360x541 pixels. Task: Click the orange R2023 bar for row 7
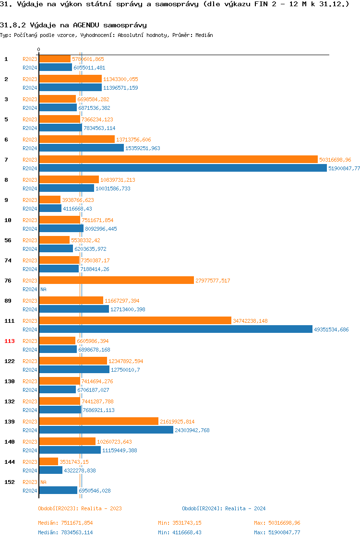[x=178, y=159]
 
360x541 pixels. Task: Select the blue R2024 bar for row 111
[x=176, y=329]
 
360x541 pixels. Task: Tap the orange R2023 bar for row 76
[x=116, y=280]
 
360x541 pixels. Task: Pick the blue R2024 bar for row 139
[x=106, y=430]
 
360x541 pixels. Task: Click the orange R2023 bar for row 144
[x=48, y=461]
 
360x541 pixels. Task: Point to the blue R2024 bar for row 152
[x=58, y=490]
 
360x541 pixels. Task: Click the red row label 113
[x=9, y=341]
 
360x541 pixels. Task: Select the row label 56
[x=8, y=240]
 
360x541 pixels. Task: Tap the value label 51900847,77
[x=344, y=168]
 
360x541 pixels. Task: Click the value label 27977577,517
[x=213, y=281]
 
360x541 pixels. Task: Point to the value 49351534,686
[x=331, y=329]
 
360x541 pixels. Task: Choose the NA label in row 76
[x=43, y=289]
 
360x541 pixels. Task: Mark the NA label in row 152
[x=43, y=482]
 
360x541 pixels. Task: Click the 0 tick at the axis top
[x=39, y=49]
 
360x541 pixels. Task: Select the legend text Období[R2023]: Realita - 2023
[x=80, y=508]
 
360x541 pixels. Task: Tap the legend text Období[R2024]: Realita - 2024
[x=224, y=508]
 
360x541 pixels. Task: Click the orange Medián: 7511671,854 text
[x=65, y=523]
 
